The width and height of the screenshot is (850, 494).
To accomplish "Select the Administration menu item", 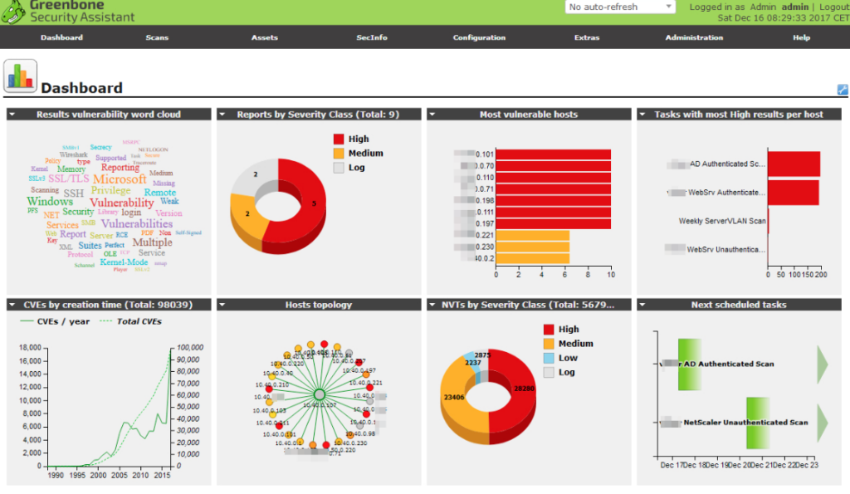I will (694, 37).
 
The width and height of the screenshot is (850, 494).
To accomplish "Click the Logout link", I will (833, 7).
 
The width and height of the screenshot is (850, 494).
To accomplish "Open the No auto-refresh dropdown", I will (621, 7).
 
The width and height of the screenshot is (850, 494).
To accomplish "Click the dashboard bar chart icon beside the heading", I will (20, 76).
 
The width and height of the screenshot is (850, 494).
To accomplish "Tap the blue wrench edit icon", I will (843, 90).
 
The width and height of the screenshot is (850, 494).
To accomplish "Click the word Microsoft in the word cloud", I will (120, 179).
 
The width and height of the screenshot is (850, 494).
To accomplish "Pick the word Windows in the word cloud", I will (50, 202).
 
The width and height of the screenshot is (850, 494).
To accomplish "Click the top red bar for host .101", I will (553, 154).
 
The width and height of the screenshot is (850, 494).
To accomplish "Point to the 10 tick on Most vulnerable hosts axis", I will (611, 274).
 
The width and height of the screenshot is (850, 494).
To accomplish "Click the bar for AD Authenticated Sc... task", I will (794, 164).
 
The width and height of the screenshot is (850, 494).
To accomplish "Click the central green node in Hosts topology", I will (318, 395).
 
